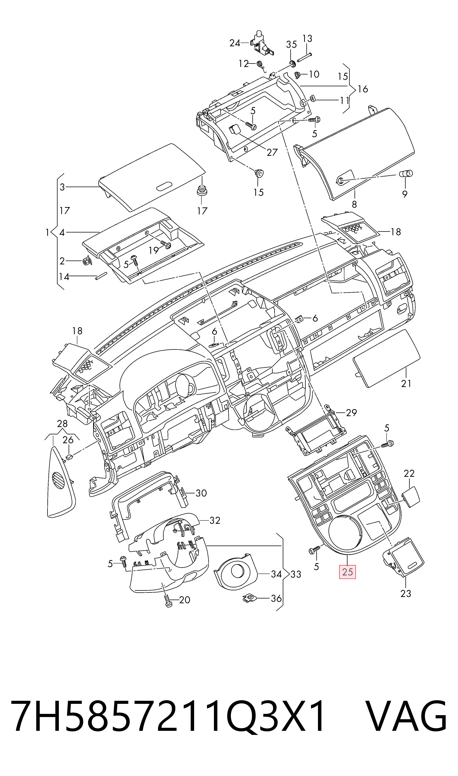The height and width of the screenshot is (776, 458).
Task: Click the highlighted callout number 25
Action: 348,572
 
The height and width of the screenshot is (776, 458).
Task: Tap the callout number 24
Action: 235,43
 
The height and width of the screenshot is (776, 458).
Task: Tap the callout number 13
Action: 307,39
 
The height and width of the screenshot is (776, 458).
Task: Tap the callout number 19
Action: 153,250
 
